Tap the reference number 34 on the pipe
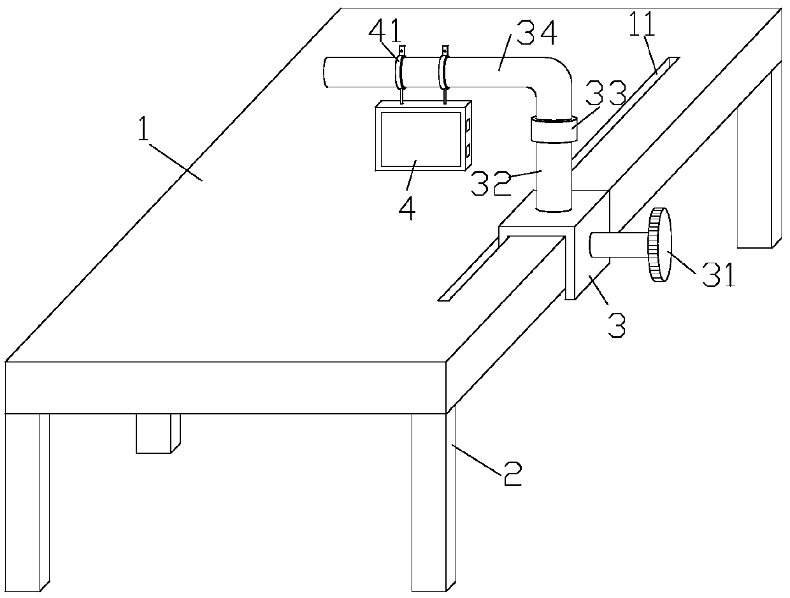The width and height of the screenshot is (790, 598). click(x=537, y=33)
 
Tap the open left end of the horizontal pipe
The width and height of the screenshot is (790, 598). click(x=326, y=71)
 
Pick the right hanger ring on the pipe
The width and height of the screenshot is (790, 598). click(x=444, y=71)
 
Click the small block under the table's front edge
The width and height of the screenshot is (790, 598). click(x=157, y=433)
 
